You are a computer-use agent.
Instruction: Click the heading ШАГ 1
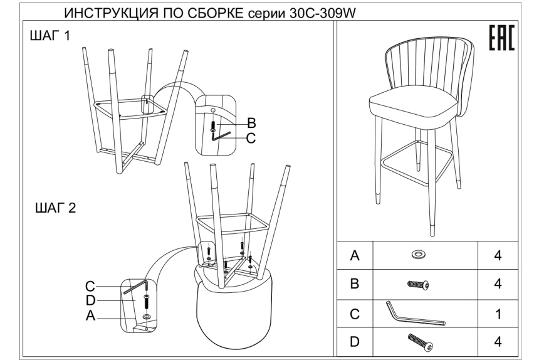pos(50,38)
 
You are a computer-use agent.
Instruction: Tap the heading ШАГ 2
pos(53,208)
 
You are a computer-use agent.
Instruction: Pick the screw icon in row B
pos(417,284)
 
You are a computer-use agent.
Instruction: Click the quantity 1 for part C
pos(498,314)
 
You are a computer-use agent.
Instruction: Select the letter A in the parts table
pos(355,255)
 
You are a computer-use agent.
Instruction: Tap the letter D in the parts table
pos(355,342)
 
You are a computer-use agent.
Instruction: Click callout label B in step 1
pos(251,122)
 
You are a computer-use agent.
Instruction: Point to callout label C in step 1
pos(251,138)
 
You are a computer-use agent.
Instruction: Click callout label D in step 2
pos(91,300)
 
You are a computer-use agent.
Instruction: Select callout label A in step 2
pos(91,317)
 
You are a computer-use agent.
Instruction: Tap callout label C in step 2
pos(91,287)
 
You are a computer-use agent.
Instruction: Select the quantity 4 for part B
pos(498,284)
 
